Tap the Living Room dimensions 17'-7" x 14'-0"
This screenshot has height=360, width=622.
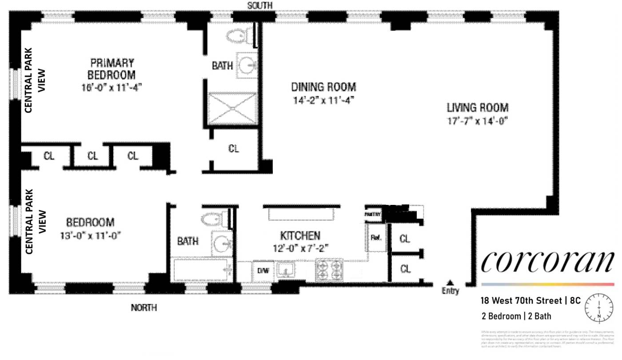click(477, 120)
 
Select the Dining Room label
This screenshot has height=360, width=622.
click(323, 87)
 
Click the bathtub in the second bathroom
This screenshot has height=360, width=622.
click(203, 270)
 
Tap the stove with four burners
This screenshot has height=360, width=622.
click(329, 270)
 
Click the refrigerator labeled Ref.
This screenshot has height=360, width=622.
click(376, 238)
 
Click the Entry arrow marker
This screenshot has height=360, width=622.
click(450, 282)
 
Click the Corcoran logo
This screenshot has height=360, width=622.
click(547, 262)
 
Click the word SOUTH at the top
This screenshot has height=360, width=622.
click(260, 5)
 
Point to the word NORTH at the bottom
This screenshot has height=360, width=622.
click(144, 308)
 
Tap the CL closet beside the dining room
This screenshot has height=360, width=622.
click(234, 149)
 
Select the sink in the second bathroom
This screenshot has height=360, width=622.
click(221, 242)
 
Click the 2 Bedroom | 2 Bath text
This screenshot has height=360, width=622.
click(516, 316)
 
